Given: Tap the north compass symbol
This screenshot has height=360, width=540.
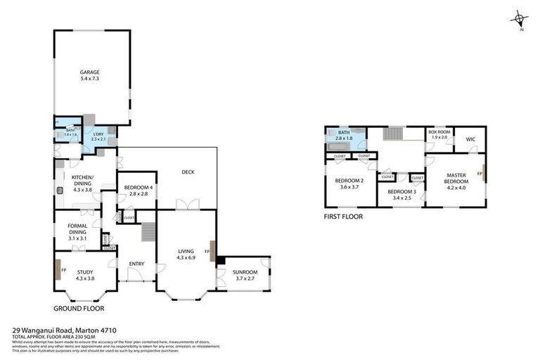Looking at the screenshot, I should tap(520, 18).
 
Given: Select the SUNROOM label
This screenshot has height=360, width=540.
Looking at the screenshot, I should tap(245, 272).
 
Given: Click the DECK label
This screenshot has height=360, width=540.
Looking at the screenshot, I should tap(188, 172).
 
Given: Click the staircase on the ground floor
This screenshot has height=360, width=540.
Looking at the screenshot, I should tap(147, 233).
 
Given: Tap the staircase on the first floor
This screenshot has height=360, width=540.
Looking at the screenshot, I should tap(392, 134).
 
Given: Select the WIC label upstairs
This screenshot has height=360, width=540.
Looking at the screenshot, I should tap(470, 139).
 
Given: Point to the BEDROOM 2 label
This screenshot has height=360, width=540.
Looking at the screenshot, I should tap(349, 181).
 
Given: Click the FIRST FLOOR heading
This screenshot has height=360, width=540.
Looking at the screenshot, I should tap(343, 217).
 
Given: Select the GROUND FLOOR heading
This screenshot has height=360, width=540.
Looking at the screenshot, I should tap(79, 308).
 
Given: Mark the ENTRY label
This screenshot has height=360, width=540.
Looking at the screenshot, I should tap(136, 264).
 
